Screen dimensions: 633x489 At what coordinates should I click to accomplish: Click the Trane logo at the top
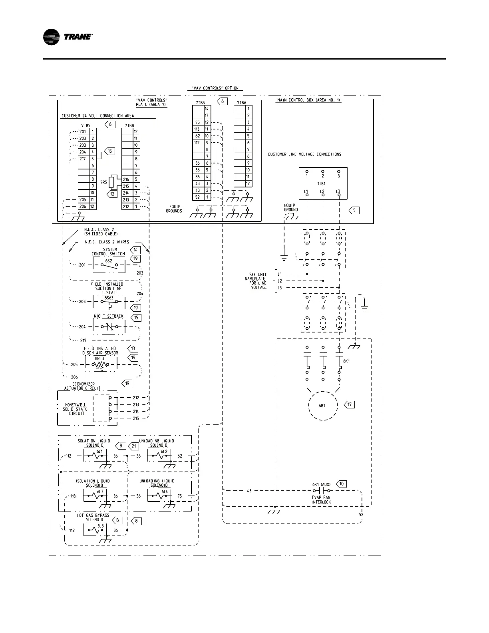point(68,37)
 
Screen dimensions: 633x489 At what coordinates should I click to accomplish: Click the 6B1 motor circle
point(323,405)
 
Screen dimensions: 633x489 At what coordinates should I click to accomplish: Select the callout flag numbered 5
point(354,210)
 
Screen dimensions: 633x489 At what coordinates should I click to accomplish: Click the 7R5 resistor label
point(103,182)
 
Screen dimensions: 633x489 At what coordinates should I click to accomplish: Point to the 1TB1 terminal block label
point(322,183)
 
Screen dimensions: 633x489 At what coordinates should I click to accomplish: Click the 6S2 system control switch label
point(109,261)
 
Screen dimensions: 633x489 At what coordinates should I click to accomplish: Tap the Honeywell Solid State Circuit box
point(76,409)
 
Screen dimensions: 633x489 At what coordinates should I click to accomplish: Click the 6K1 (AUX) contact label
point(321,484)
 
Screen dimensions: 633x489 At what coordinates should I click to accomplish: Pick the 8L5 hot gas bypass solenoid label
point(100,526)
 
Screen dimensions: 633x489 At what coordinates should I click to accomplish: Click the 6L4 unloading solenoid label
point(165,492)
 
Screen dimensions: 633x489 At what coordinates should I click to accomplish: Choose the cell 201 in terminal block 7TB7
point(83,132)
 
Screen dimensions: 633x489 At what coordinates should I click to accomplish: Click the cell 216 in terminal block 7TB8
point(126,179)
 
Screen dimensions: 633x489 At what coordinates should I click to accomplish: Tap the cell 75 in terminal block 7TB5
point(197,122)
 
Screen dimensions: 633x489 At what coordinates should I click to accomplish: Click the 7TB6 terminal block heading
point(241,103)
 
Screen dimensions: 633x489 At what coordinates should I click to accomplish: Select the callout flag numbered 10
point(342,484)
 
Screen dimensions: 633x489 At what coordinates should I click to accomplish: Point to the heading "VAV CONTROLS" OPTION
point(215,88)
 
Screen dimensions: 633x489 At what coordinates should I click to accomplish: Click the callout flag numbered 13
point(133,348)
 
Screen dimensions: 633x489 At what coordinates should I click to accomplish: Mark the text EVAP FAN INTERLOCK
point(321,500)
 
